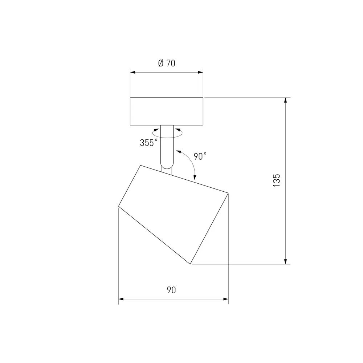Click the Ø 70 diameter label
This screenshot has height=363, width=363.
167,63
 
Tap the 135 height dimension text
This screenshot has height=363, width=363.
276,180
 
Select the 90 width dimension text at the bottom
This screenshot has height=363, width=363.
171,290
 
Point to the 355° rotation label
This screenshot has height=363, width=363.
148,143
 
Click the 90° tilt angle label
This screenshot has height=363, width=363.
200,156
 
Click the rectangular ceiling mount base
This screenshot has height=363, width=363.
167,111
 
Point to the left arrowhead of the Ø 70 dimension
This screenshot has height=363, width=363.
132,73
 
